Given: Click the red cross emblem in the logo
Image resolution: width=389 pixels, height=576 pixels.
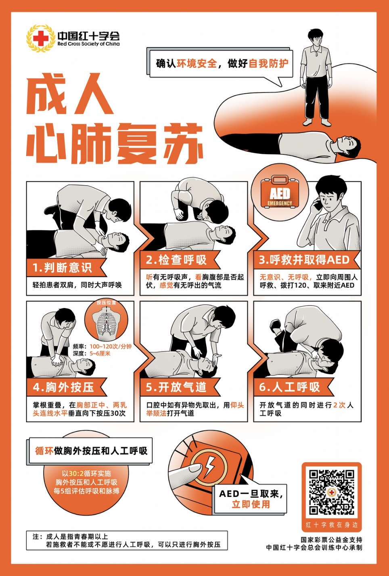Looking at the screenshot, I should pyautogui.click(x=40, y=39).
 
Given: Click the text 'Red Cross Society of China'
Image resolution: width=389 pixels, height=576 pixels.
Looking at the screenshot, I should pyautogui.click(x=88, y=44).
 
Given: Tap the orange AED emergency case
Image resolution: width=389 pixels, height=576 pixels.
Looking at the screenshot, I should pyautogui.click(x=280, y=193).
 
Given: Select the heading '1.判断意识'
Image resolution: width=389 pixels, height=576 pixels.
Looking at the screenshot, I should pyautogui.click(x=62, y=268).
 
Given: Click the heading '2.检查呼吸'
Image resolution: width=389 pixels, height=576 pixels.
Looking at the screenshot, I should pyautogui.click(x=176, y=260).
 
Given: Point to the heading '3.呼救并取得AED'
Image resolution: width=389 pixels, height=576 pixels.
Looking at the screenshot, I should pyautogui.click(x=304, y=260).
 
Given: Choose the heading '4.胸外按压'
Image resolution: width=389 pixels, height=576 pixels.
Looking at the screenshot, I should pyautogui.click(x=63, y=387).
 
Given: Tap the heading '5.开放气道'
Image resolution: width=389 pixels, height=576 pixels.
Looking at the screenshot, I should pyautogui.click(x=176, y=387).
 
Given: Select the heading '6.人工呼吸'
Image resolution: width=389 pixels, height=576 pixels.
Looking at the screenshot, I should pyautogui.click(x=290, y=387).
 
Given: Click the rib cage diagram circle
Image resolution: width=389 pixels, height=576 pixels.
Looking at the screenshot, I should pyautogui.click(x=106, y=321).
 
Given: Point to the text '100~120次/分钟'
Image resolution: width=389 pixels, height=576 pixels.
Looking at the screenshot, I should pyautogui.click(x=111, y=346).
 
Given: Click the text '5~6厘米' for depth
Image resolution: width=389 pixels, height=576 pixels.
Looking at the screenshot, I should pyautogui.click(x=100, y=354).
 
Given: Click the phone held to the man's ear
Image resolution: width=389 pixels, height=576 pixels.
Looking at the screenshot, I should pyautogui.click(x=318, y=204).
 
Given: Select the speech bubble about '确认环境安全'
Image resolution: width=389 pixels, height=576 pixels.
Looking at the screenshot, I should pyautogui.click(x=220, y=63).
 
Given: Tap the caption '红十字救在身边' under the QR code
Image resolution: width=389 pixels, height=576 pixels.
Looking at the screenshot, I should pyautogui.click(x=331, y=525).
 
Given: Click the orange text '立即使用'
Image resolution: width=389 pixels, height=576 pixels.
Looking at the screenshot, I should pyautogui.click(x=251, y=504).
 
